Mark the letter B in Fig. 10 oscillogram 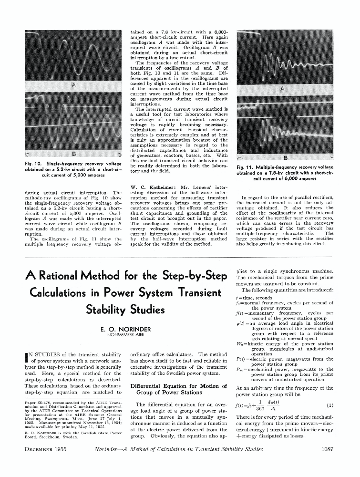pos(73,154)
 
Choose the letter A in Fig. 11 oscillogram pos(282,90)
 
